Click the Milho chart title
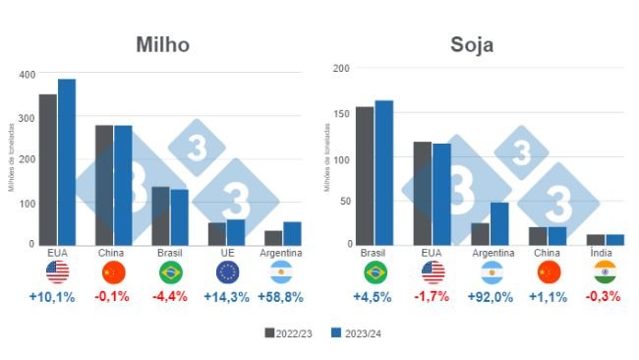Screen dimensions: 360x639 (162, 45)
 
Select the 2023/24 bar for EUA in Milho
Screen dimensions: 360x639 (67, 161)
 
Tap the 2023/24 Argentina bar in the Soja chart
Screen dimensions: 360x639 (500, 223)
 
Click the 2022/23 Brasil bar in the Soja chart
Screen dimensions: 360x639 (365, 175)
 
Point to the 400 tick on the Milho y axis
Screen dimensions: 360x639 (26, 74)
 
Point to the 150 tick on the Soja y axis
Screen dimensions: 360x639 (341, 113)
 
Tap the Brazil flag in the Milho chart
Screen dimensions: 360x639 (170, 272)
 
